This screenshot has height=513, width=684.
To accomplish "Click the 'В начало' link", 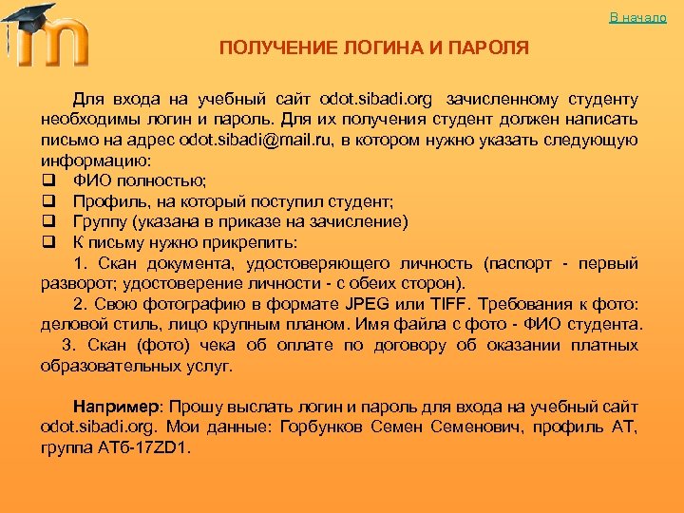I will click(637, 18).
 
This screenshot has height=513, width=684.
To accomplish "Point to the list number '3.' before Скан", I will click(68, 346).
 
